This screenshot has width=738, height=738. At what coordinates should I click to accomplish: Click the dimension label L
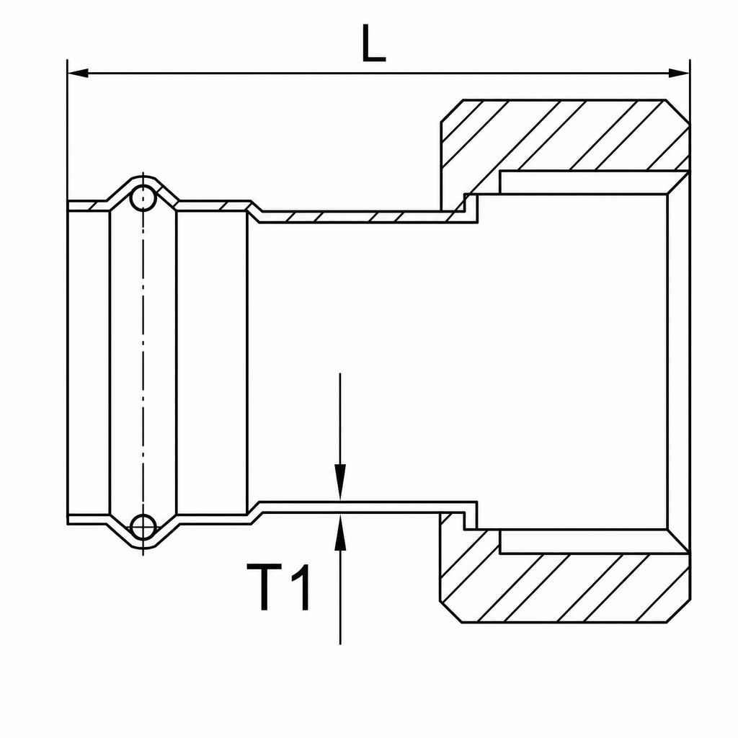click(374, 43)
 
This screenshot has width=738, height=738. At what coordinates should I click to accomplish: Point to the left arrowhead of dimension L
click(78, 74)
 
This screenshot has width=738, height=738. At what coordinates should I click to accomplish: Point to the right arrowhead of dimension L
click(679, 74)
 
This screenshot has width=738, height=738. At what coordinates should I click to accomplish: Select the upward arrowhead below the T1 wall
click(340, 532)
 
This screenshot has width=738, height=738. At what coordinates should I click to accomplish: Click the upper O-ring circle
click(143, 199)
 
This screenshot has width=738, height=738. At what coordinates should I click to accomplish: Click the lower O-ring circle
click(143, 526)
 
